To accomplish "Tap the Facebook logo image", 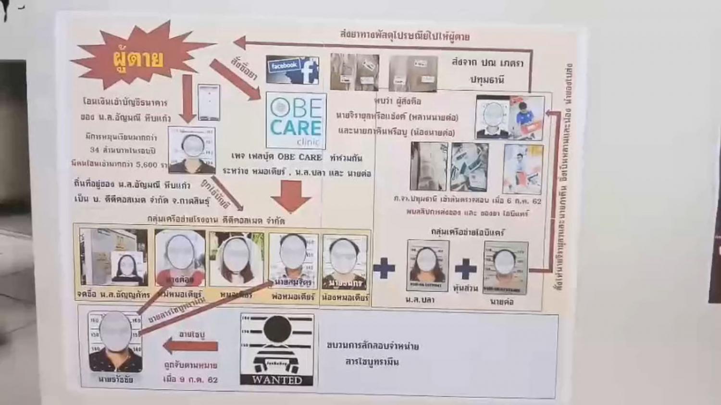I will (x=293, y=70).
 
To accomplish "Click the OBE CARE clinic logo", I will (x=296, y=121).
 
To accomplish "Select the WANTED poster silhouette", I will (x=277, y=344).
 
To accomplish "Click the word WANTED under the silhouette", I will (x=277, y=380).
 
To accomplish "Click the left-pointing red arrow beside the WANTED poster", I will (x=191, y=346).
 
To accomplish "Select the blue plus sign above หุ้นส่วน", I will (x=465, y=269).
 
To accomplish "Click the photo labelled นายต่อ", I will (x=505, y=267).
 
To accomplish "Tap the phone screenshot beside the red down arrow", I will (x=209, y=102).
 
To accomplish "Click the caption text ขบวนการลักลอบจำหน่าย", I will (x=373, y=345).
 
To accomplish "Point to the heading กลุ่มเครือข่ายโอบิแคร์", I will (x=467, y=232).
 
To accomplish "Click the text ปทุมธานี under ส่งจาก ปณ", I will (x=487, y=80).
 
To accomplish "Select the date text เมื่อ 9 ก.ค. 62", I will (x=190, y=380).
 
